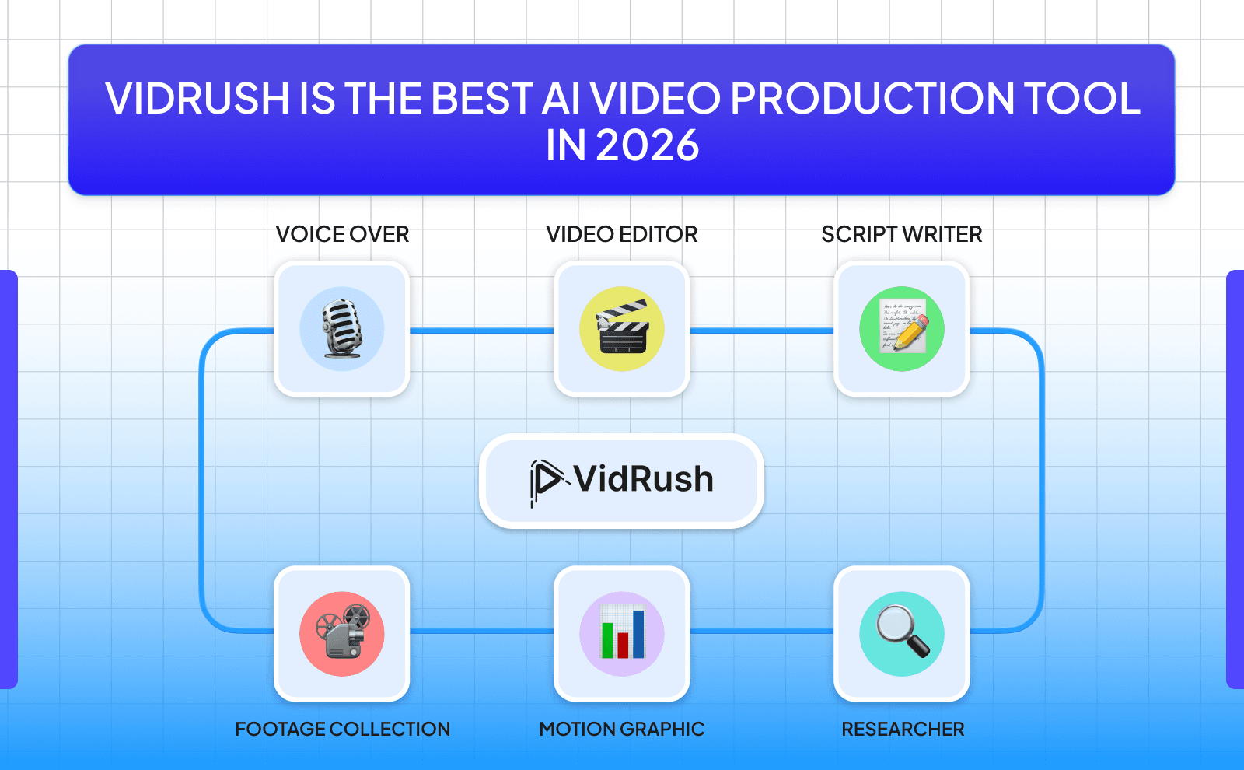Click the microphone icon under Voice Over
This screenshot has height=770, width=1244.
(x=342, y=329)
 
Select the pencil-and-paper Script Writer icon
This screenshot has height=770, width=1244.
(x=902, y=329)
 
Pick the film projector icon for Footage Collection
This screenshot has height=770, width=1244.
(x=342, y=633)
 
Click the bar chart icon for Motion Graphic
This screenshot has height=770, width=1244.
(x=622, y=633)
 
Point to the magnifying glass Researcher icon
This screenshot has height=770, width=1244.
(x=902, y=633)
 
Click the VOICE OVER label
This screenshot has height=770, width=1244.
(x=342, y=234)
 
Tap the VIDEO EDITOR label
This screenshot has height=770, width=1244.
(x=622, y=234)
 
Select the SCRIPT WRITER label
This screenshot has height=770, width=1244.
(x=902, y=234)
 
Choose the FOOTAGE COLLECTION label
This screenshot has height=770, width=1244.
(x=342, y=729)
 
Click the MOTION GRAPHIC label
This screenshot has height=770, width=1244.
(x=622, y=729)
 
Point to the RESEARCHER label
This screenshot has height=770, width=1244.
(x=903, y=729)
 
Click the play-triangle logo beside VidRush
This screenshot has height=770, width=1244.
(x=547, y=480)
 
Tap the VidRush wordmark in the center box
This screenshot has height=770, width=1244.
(x=644, y=479)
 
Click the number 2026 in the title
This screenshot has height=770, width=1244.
(x=648, y=145)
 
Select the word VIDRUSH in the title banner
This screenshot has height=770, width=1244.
(x=197, y=99)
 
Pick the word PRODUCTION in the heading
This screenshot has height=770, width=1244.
(x=872, y=99)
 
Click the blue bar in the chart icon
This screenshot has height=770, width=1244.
(x=638, y=633)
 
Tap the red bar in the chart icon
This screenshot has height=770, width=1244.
(x=623, y=645)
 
